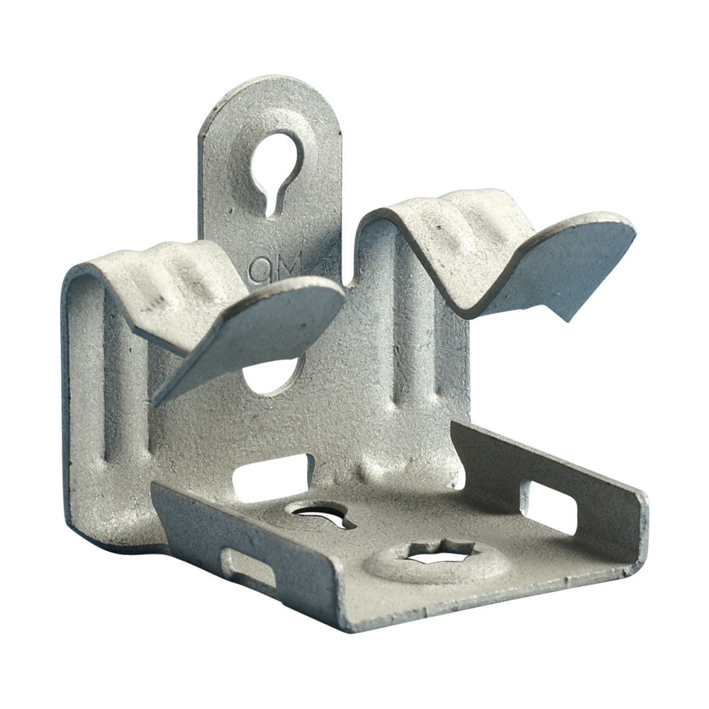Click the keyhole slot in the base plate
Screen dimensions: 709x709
(x=323, y=516)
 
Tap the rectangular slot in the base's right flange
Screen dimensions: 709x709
(x=549, y=506)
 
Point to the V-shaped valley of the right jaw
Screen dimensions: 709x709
(x=461, y=298)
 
